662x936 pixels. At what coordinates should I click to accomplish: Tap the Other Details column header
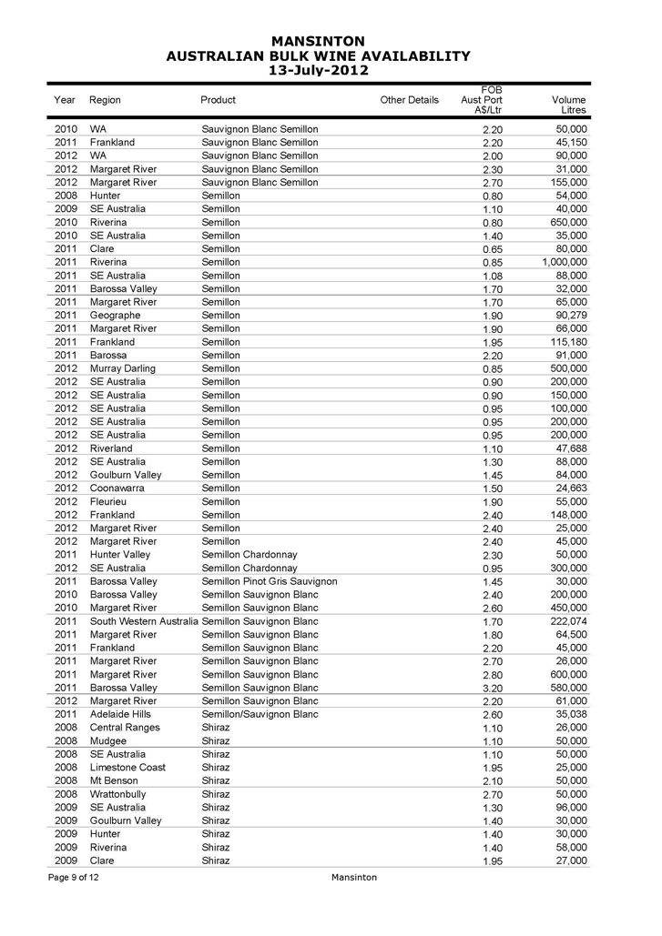(409, 100)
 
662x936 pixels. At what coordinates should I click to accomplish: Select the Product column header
(218, 100)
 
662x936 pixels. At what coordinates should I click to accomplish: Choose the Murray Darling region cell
(123, 368)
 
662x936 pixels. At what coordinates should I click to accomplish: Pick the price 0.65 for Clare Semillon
(491, 249)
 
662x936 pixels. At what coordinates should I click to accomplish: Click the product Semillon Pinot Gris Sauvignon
(269, 581)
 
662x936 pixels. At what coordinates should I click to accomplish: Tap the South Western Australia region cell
(144, 620)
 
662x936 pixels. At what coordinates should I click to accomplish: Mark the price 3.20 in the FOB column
(491, 689)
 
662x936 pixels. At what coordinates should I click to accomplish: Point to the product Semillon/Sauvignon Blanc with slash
(260, 714)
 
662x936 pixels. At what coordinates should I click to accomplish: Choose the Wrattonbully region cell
(118, 794)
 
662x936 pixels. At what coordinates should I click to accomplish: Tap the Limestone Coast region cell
(127, 768)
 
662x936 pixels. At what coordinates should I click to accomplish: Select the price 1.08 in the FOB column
(491, 276)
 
